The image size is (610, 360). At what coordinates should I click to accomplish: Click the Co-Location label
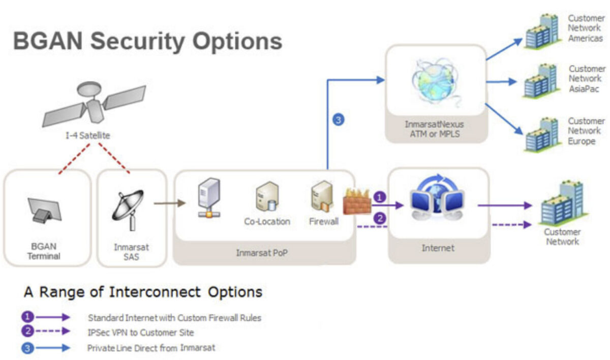(x=267, y=222)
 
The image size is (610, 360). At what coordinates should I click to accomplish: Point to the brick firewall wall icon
(x=357, y=200)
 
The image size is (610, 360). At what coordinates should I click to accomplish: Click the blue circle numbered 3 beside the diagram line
(x=338, y=120)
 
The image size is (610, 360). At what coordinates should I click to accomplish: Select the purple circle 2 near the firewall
(x=379, y=218)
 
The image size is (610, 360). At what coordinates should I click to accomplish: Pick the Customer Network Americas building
(x=541, y=32)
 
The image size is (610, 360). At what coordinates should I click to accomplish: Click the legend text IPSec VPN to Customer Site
(x=140, y=333)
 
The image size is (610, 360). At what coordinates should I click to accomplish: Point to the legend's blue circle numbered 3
(x=27, y=348)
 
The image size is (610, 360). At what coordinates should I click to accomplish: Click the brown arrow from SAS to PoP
(x=169, y=203)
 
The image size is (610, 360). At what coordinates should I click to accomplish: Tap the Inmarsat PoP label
(x=261, y=252)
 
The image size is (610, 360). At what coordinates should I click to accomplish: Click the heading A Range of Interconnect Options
(x=143, y=292)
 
